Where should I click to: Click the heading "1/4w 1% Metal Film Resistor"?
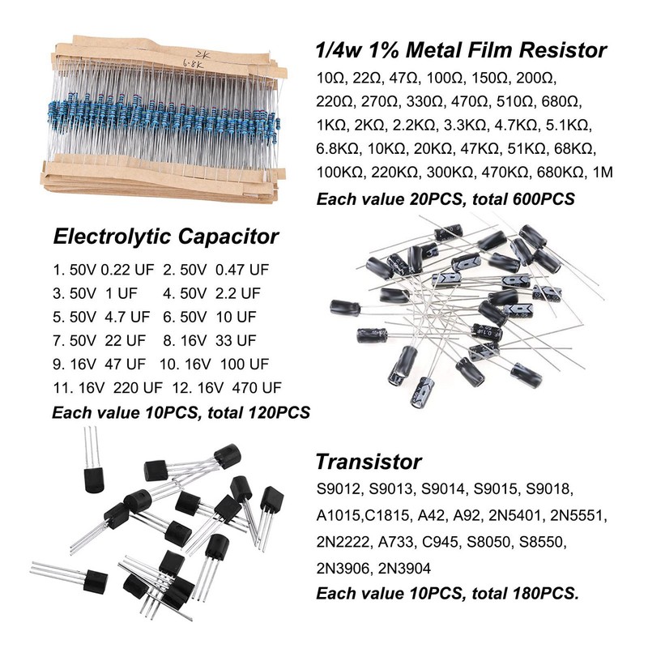460,50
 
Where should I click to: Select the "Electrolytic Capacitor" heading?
165,237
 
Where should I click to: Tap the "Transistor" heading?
368,462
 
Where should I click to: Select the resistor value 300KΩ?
448,173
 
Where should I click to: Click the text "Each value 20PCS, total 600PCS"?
446,198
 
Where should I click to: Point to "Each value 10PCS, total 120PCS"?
181,412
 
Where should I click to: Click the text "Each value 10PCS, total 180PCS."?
447,594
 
